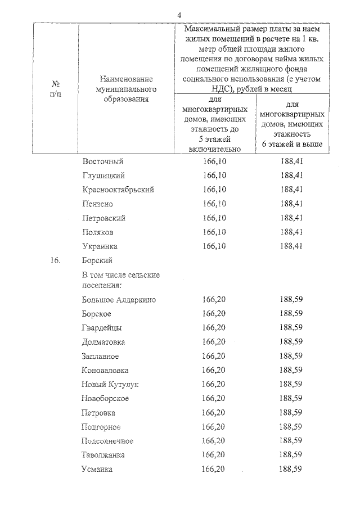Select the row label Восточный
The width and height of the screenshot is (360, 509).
[x=102, y=161]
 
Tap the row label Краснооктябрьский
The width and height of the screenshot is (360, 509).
[x=118, y=190]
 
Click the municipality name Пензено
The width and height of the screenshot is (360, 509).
[x=98, y=204]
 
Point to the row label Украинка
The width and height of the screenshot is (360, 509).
[x=101, y=246]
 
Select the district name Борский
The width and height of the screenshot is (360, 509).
[x=97, y=260]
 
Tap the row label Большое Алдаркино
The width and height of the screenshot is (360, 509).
[x=119, y=300]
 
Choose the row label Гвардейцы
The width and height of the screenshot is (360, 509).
[x=101, y=328]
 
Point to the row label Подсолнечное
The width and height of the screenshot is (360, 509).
[x=107, y=440]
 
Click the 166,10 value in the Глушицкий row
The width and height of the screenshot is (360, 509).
[x=214, y=175]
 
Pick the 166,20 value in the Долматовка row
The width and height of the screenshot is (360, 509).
[x=214, y=342]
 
